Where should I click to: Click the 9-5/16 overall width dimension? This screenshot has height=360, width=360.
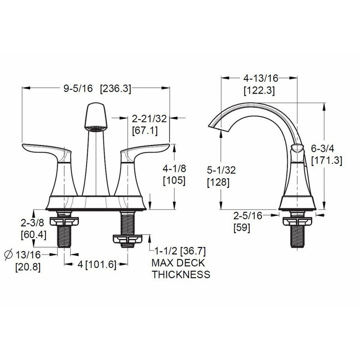coord(78,88)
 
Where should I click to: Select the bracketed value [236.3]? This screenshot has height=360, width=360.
coord(116,89)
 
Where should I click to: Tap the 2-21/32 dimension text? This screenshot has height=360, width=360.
coord(149,119)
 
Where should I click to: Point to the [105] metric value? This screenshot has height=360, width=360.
coord(174,180)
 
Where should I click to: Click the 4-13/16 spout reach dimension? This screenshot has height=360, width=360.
coord(261,78)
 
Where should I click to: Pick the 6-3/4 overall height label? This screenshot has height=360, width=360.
coord(323,149)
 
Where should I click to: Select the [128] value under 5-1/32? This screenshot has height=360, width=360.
coord(218,182)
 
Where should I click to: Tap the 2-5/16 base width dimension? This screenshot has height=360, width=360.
coord(248,216)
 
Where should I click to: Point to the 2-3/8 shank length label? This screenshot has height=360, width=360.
coord(32,223)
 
